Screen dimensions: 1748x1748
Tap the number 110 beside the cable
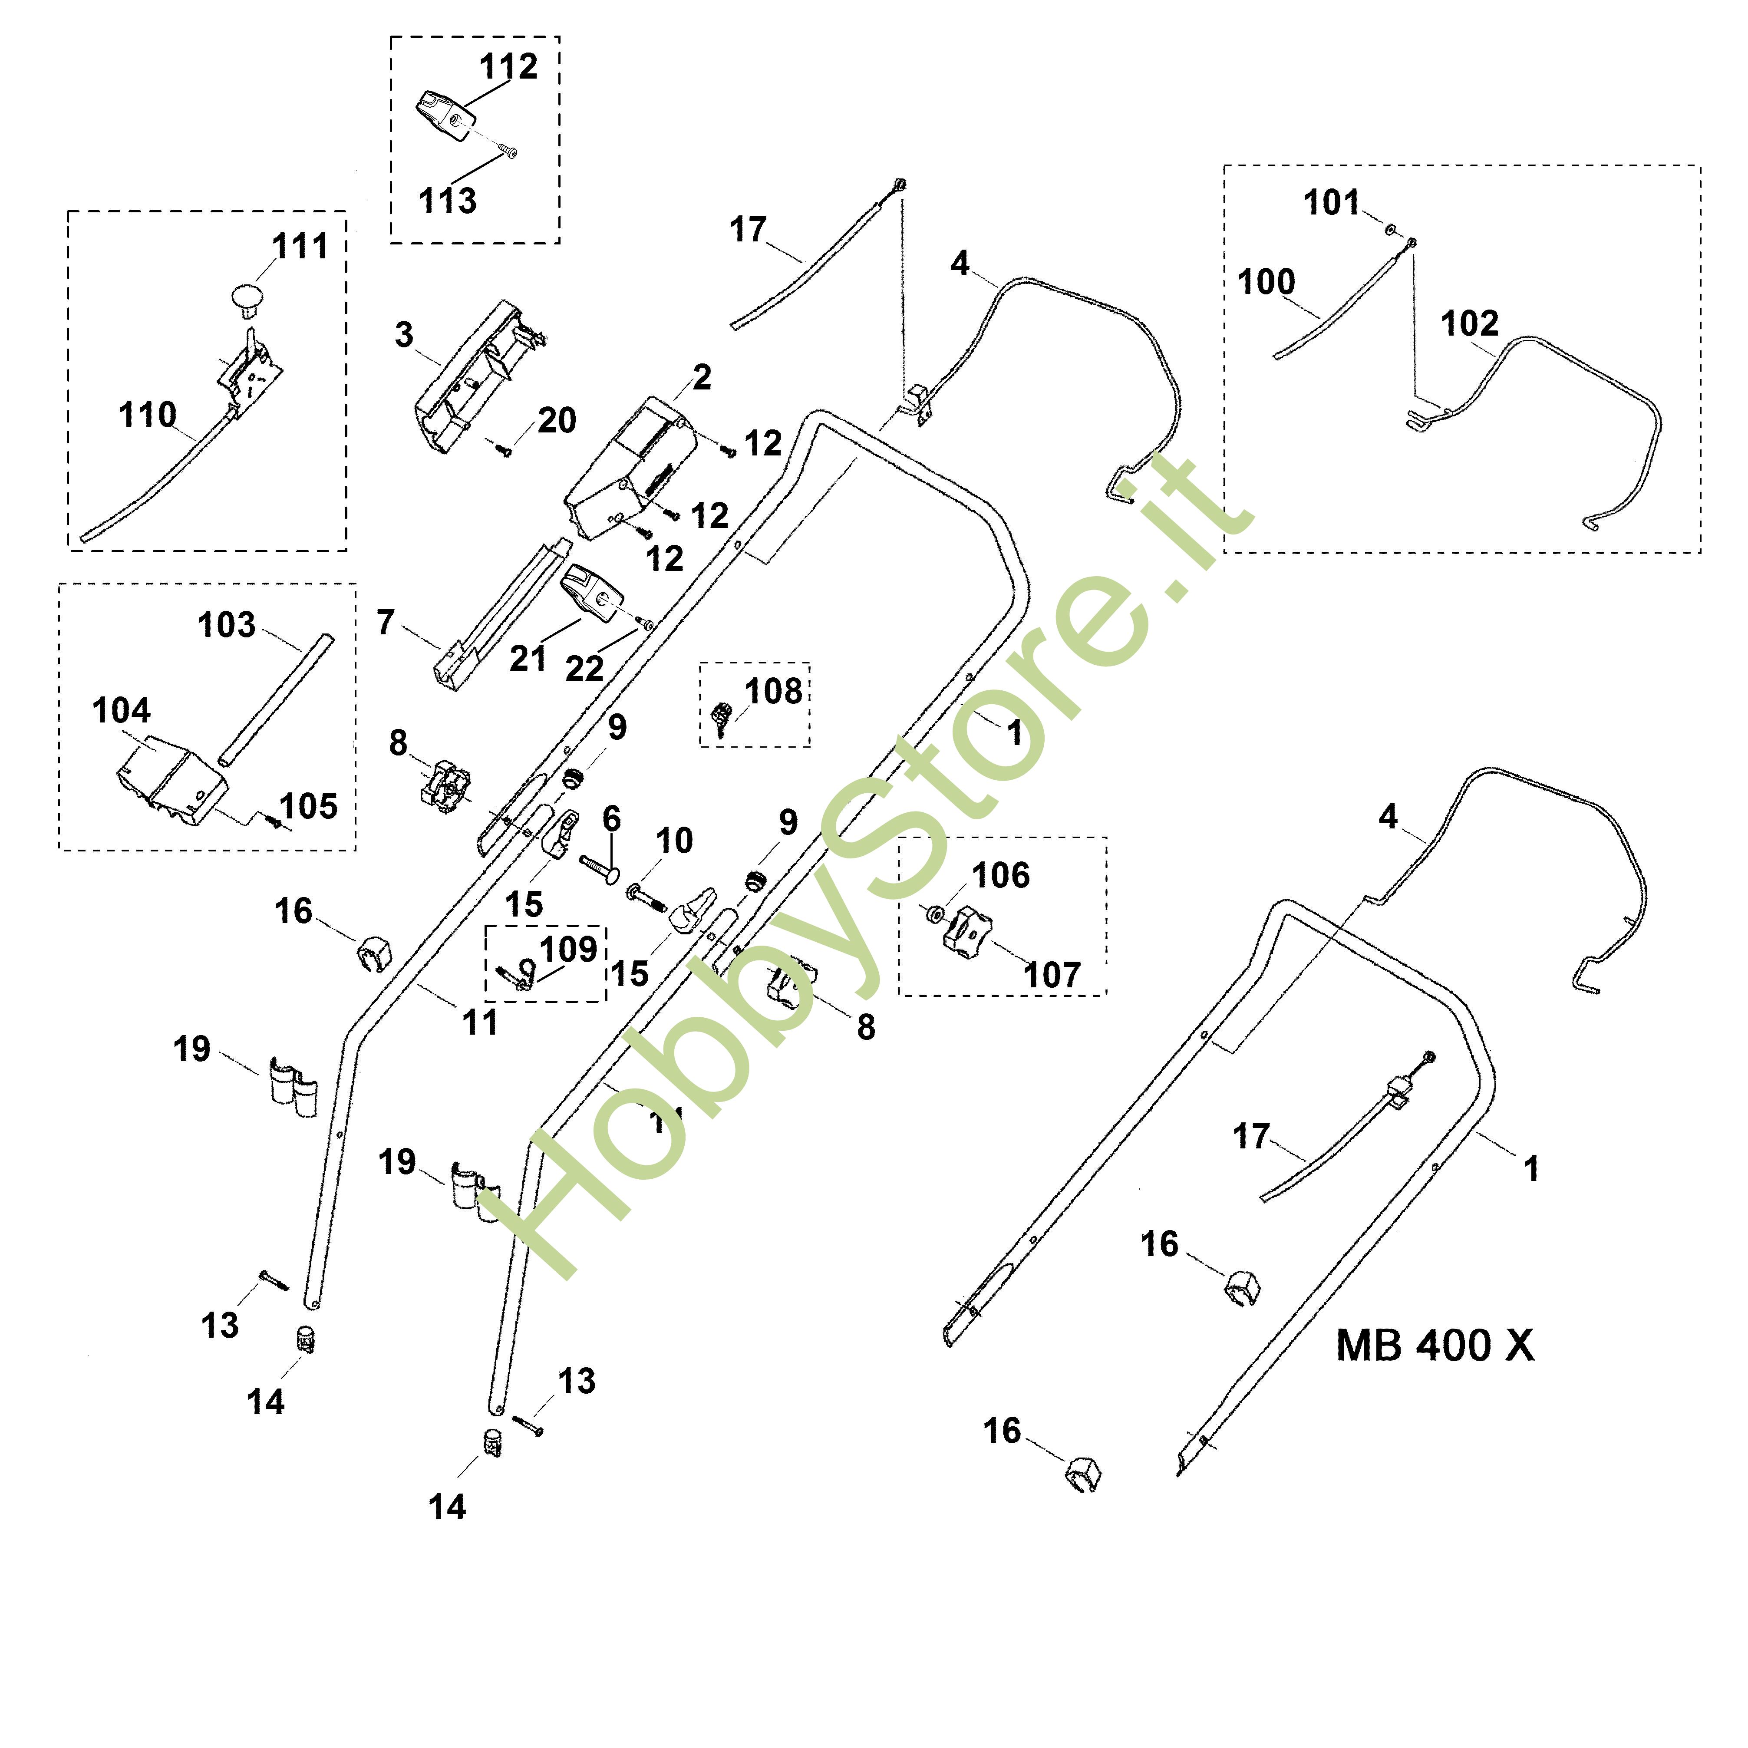tap(148, 415)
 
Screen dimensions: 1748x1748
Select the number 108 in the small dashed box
tap(774, 691)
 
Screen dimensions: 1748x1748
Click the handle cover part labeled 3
tap(471, 380)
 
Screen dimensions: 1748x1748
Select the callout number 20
tap(557, 421)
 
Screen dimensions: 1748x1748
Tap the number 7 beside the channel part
tap(386, 623)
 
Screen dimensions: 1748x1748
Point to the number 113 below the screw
tap(447, 201)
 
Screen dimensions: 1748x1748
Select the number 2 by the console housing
tap(702, 377)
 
